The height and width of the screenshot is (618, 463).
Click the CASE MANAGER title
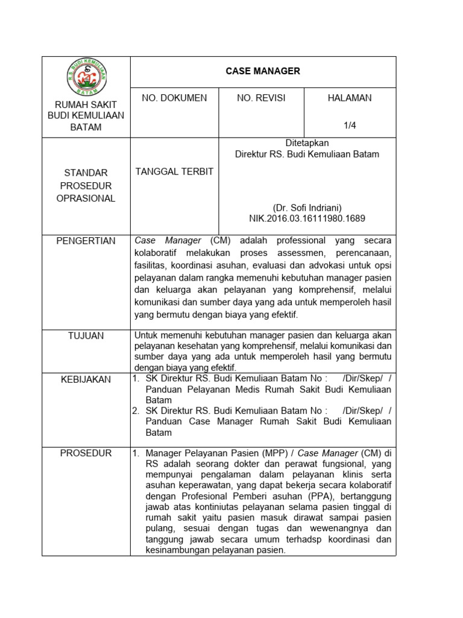click(x=263, y=71)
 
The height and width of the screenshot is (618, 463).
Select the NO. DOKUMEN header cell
click(x=174, y=98)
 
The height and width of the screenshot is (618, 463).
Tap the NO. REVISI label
click(x=261, y=98)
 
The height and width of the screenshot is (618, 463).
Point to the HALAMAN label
click(x=350, y=98)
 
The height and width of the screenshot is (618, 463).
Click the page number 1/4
click(x=350, y=126)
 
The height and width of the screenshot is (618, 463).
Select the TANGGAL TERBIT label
click(x=174, y=171)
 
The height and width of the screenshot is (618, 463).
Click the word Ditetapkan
click(x=307, y=143)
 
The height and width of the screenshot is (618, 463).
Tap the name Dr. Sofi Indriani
click(x=307, y=207)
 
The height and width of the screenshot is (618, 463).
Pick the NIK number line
click(x=307, y=218)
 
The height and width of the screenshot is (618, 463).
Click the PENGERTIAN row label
click(x=86, y=241)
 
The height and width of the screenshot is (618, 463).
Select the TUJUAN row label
click(x=86, y=336)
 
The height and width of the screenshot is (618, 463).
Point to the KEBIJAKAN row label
click(x=86, y=379)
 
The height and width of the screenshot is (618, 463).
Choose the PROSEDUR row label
click(x=86, y=453)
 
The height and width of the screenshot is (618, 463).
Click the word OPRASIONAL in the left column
click(x=86, y=199)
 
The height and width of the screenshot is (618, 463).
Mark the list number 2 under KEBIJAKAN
click(x=136, y=411)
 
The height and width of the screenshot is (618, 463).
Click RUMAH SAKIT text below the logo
click(x=86, y=105)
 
